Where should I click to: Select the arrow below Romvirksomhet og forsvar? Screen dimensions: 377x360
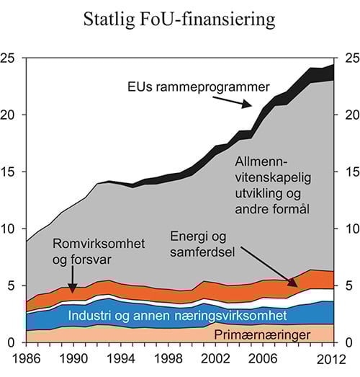[74, 279]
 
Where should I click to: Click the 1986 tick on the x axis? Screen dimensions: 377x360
[26, 358]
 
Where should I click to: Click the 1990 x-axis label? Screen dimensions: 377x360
[71, 358]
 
